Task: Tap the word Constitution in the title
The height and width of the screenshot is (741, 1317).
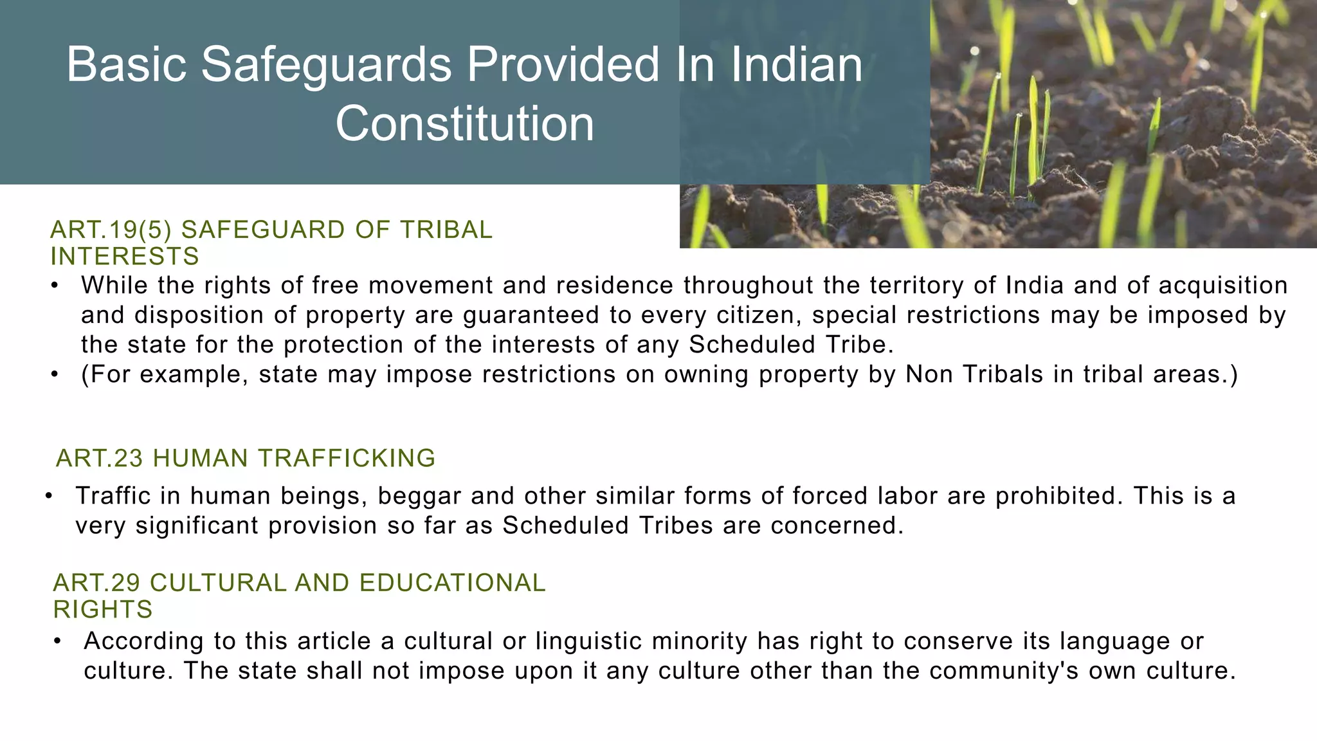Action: (x=464, y=124)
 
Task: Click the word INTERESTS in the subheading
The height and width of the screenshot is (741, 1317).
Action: (x=125, y=257)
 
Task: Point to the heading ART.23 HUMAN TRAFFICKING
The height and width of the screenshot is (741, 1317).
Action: (x=246, y=459)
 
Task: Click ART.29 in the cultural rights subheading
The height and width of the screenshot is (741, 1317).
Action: (x=97, y=583)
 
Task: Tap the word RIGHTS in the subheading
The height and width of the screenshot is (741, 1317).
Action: (x=103, y=609)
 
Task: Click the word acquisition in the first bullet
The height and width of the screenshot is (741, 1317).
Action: (x=1223, y=285)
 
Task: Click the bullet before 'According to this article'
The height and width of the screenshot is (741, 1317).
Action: (x=58, y=641)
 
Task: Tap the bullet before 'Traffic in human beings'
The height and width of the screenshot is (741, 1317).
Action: (x=49, y=496)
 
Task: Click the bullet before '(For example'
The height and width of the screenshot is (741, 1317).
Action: (x=55, y=374)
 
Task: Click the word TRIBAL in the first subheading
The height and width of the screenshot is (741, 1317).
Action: (x=446, y=230)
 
